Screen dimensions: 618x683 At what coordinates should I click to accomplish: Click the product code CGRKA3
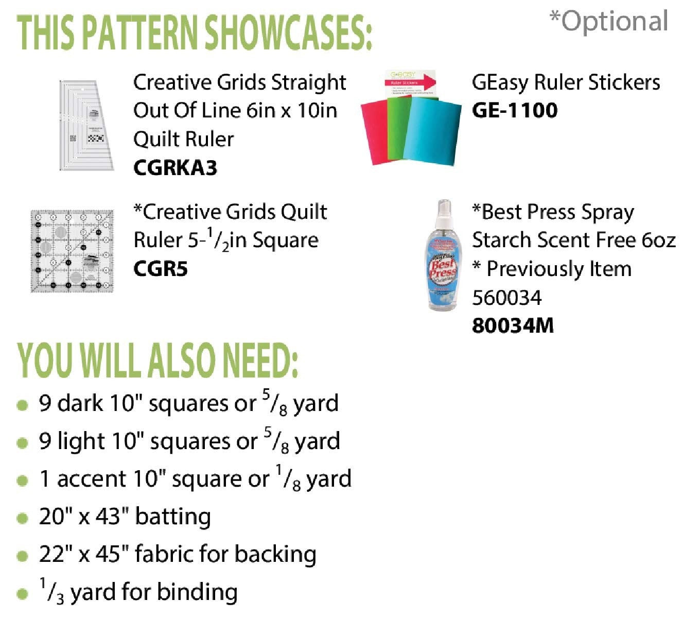coord(175,168)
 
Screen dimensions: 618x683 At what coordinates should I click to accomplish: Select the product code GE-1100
coord(514,111)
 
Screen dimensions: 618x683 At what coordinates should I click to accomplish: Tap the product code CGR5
coord(160,269)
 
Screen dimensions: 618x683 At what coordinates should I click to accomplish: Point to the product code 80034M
coord(512,326)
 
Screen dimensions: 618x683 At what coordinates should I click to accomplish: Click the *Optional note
coord(609,22)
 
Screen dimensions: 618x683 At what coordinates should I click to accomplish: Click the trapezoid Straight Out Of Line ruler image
coord(85,125)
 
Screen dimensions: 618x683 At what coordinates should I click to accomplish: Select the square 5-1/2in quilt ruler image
coord(72,251)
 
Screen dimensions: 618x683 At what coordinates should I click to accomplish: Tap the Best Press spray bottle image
coord(442,257)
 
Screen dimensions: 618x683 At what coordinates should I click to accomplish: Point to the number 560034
coord(506,298)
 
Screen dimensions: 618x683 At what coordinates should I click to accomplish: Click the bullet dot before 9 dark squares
coord(22,405)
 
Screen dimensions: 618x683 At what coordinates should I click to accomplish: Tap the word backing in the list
coord(275,554)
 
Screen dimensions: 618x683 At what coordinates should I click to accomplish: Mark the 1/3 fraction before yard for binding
coord(52,592)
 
